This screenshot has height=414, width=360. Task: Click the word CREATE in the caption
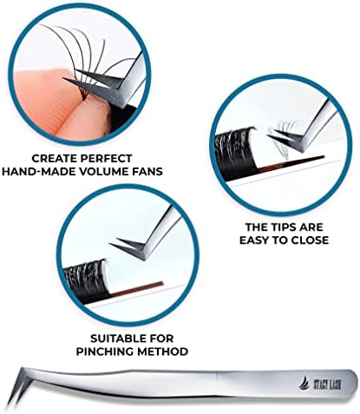[53, 158]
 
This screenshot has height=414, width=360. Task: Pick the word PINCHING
[105, 352]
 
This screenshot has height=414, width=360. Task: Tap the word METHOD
[162, 352]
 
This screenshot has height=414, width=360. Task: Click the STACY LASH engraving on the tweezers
[327, 384]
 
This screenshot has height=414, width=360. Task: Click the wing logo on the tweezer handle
[305, 384]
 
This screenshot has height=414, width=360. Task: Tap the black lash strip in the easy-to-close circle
[235, 149]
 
